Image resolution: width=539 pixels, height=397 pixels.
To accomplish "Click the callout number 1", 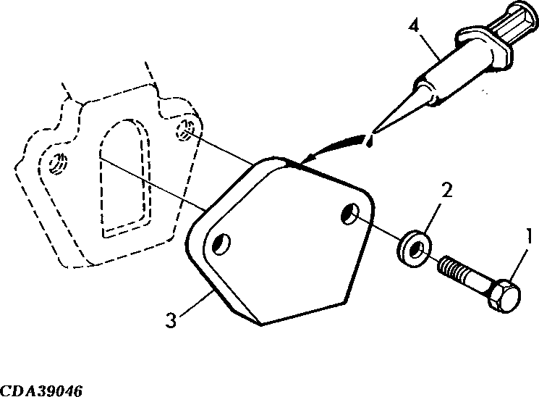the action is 529,237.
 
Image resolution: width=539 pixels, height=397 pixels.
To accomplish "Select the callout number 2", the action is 446,191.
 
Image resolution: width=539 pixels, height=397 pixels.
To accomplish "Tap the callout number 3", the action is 171,320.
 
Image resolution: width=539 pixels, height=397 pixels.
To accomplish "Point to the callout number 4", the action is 415,26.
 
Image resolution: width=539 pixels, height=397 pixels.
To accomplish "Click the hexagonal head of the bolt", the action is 504,296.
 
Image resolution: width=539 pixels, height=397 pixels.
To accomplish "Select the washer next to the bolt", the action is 415,248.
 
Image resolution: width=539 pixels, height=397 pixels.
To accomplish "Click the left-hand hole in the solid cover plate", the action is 221,244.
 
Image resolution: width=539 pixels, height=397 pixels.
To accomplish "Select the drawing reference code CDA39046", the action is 41,391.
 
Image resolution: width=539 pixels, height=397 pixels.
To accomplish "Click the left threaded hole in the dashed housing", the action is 59,163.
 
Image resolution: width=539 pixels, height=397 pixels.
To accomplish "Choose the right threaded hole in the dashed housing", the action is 186,130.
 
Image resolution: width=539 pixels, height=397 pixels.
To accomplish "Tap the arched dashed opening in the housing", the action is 125,178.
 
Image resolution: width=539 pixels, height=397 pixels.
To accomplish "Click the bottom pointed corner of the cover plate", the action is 261,325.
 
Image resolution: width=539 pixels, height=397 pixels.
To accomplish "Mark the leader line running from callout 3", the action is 196,303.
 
